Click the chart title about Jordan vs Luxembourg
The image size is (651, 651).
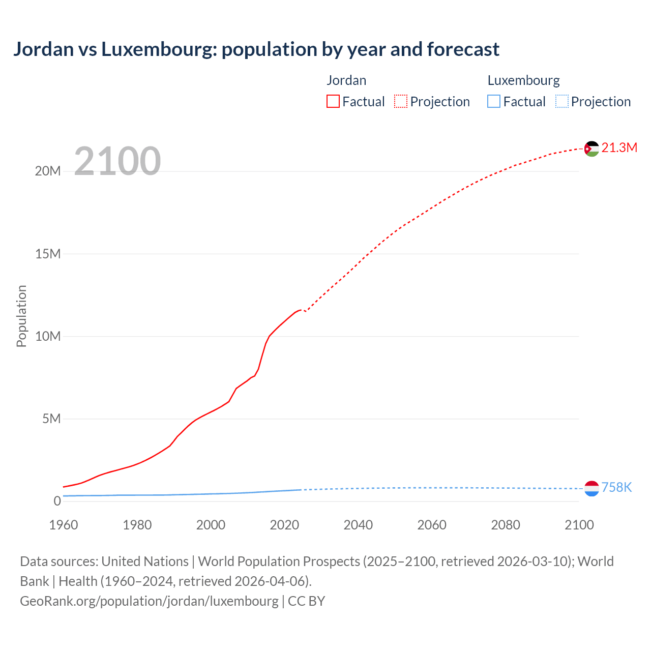point(256,49)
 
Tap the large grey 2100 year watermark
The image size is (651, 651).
point(117,161)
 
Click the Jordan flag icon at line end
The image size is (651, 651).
point(591,149)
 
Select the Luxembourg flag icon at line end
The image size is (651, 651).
point(591,488)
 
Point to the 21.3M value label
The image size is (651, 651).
point(619,147)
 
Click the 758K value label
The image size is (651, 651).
point(616,487)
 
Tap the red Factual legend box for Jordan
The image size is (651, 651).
point(333,102)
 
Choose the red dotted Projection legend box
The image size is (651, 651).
point(401,102)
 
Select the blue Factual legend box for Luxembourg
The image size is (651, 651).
point(494,102)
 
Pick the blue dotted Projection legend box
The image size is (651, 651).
point(562,102)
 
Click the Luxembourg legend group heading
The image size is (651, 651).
point(523,80)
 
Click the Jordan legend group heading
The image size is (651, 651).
point(346,80)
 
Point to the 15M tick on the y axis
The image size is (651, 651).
point(48,254)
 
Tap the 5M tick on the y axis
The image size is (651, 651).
point(51,419)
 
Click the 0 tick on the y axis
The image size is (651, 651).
point(57,501)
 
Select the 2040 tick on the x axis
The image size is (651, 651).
point(358,525)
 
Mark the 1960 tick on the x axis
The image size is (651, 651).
point(64,525)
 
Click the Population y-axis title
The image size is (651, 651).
point(21,316)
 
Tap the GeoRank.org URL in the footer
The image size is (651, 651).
point(149,601)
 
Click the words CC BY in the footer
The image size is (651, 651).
point(306,601)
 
